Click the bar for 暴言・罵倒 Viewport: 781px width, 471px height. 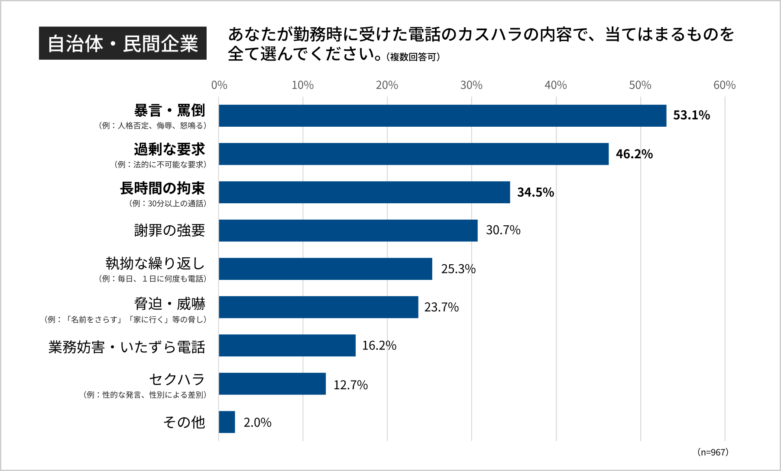442,115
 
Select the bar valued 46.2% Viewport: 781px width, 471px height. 413,154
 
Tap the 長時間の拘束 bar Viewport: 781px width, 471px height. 364,192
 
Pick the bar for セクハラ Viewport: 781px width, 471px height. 272,384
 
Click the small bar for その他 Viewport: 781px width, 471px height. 227,422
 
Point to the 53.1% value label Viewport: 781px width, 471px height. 691,115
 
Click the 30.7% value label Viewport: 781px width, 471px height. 503,230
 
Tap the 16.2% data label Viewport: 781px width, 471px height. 379,346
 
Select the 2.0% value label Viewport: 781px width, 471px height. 257,423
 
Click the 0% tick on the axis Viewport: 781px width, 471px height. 219,85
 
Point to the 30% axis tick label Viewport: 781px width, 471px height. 471,85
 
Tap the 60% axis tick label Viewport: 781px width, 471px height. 724,85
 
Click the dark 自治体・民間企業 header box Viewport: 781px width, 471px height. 123,43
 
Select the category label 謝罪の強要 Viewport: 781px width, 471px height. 169,230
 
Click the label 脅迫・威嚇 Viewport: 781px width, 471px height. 169,304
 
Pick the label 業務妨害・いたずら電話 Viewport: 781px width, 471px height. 126,347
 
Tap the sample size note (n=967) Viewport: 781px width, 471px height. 713,452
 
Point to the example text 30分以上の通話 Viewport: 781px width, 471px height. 168,203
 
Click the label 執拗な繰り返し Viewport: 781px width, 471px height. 155,263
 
